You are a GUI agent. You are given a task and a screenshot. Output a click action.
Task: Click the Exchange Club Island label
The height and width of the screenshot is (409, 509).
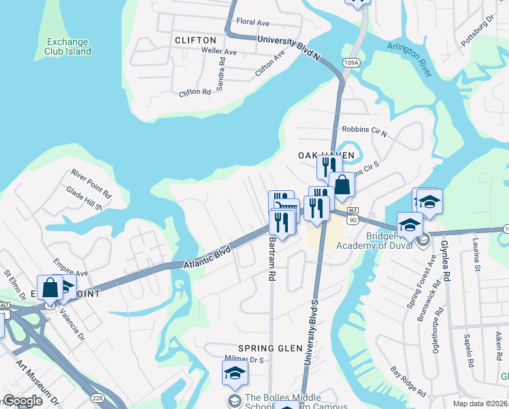click(x=68, y=46)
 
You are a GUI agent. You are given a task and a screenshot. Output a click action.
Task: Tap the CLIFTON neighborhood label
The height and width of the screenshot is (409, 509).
click(x=195, y=40)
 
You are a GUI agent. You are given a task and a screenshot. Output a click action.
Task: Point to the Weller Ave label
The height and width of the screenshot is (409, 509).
click(x=218, y=52)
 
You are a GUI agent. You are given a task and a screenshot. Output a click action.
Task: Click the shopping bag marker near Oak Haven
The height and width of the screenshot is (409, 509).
click(x=342, y=184)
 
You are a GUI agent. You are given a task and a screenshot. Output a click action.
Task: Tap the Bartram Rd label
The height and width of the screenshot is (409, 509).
click(x=272, y=258)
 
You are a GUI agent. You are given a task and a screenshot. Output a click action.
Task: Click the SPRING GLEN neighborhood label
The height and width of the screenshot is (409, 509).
click(x=270, y=348)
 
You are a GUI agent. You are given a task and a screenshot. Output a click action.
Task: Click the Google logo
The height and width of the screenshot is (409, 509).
click(x=22, y=401)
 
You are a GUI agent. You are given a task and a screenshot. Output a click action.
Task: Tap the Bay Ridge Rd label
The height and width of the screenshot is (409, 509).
click(x=408, y=381)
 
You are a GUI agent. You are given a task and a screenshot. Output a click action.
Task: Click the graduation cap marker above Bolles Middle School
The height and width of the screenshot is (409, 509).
click(x=235, y=372)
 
